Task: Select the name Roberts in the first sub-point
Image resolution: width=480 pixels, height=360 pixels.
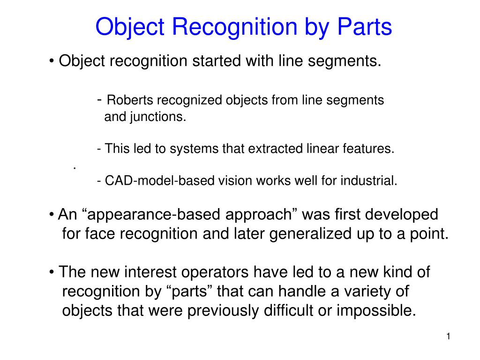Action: tap(130, 100)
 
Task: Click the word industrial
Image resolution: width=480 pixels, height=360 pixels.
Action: tap(371, 181)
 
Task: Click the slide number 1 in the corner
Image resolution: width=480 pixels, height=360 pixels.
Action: tap(448, 337)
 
